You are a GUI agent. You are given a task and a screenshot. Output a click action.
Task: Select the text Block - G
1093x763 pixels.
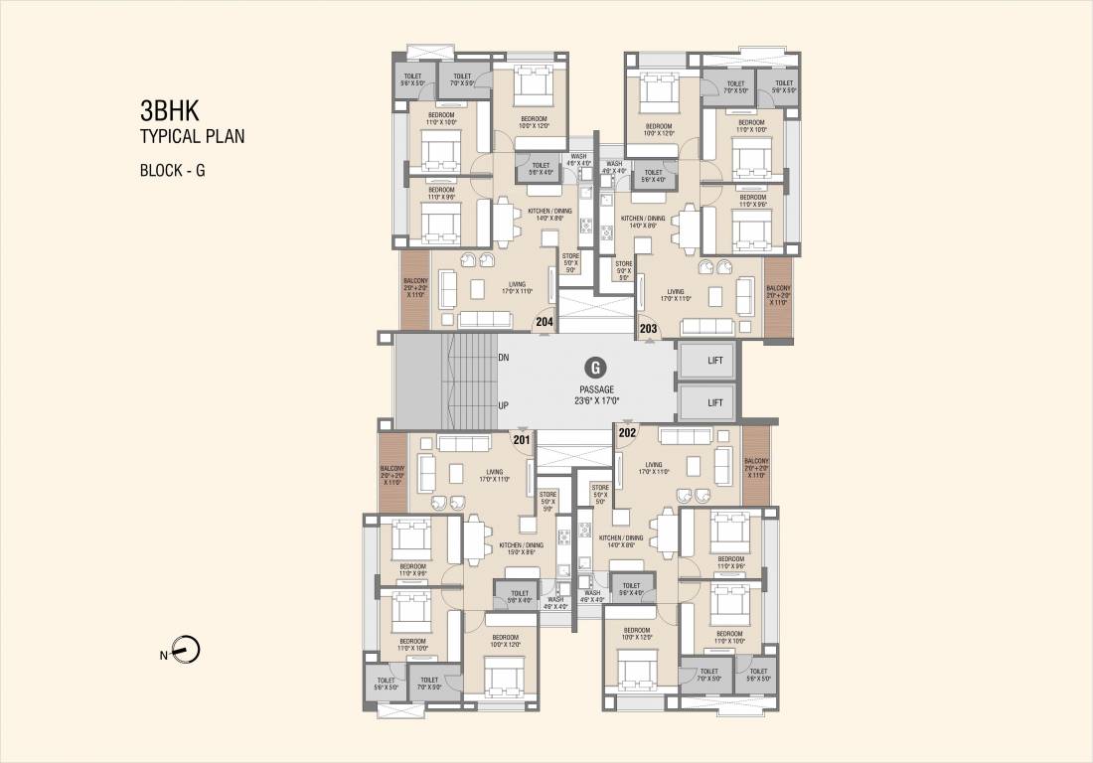pos(173,170)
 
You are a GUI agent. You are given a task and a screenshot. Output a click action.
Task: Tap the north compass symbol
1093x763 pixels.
pos(186,652)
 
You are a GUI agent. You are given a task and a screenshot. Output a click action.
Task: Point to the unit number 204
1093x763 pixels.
pos(545,322)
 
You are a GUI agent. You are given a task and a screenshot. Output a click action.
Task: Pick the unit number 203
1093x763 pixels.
pos(648,328)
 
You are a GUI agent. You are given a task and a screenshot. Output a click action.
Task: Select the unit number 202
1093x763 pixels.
pos(627,432)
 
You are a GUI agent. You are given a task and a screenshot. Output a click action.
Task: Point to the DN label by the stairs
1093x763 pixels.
pos(504,357)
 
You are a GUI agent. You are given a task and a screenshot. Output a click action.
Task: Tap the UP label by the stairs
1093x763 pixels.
pos(504,405)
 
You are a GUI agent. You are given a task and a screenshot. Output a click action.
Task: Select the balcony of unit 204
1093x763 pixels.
pos(415,289)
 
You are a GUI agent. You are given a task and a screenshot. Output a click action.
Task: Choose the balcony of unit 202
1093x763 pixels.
pos(756,467)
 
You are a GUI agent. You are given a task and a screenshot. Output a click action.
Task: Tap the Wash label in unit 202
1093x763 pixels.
pos(593,595)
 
